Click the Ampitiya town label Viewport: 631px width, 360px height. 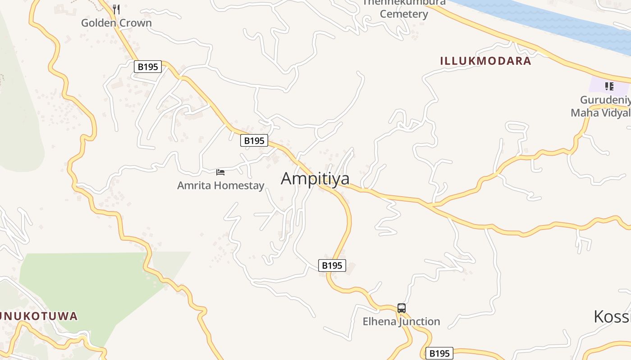point(315,179)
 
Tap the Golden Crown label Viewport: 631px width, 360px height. point(116,23)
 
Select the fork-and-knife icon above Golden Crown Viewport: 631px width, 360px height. point(116,9)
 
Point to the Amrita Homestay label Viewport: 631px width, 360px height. point(220,185)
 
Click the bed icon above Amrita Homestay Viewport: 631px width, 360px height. point(220,172)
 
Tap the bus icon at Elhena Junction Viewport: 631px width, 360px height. point(402,308)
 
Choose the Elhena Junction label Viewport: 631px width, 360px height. point(402,322)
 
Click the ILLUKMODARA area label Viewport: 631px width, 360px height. point(485,61)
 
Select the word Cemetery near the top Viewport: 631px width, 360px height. point(404,14)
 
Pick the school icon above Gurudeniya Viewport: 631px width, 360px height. point(609,86)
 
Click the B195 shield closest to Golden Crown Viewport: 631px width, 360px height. point(148,67)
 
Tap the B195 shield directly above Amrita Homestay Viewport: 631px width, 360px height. point(254,141)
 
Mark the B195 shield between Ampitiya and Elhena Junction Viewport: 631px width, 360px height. point(332,265)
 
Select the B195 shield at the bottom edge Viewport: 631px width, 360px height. point(439,353)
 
